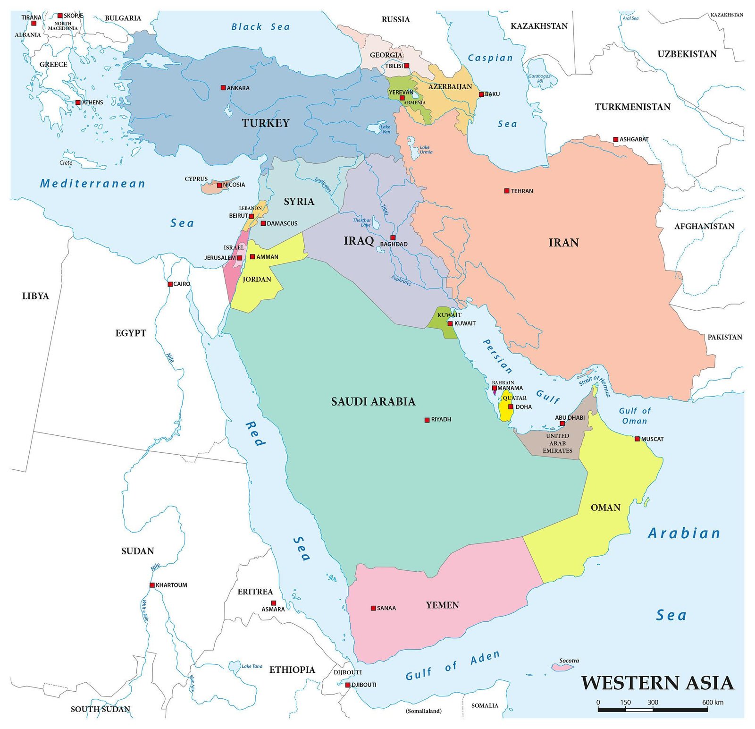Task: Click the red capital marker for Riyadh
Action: (x=427, y=420)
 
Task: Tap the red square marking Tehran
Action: (x=507, y=191)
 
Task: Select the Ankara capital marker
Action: (x=223, y=88)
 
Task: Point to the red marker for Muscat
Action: (x=637, y=439)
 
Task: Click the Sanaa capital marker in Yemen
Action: (x=373, y=608)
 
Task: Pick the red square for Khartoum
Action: (x=152, y=585)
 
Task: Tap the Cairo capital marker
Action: (x=170, y=284)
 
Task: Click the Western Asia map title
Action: (x=657, y=683)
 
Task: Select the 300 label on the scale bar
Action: (x=653, y=702)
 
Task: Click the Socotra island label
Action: (x=569, y=661)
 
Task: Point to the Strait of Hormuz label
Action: (x=596, y=384)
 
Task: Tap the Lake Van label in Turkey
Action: (x=386, y=129)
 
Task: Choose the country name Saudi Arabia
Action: (x=373, y=402)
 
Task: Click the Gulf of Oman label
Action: (x=634, y=416)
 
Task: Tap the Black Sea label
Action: (x=260, y=27)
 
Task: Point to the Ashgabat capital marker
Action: (x=615, y=139)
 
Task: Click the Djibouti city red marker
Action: (x=348, y=685)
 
